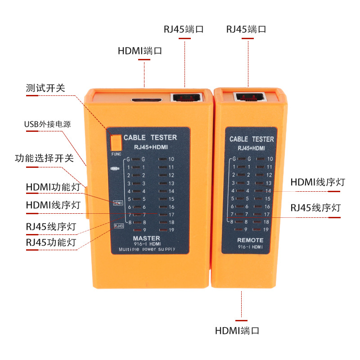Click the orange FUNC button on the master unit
116,143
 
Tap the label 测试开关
45,88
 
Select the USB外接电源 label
47,124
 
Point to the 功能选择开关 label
44,158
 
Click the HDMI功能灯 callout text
53,187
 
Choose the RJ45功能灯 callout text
51,243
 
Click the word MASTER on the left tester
146,238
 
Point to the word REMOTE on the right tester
250,240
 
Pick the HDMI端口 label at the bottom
237,331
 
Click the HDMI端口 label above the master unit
140,51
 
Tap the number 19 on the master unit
171,230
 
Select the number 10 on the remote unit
270,159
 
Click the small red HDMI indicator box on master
118,203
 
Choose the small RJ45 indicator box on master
119,225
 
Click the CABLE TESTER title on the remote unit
252,139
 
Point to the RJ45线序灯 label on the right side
315,208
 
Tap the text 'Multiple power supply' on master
147,249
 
